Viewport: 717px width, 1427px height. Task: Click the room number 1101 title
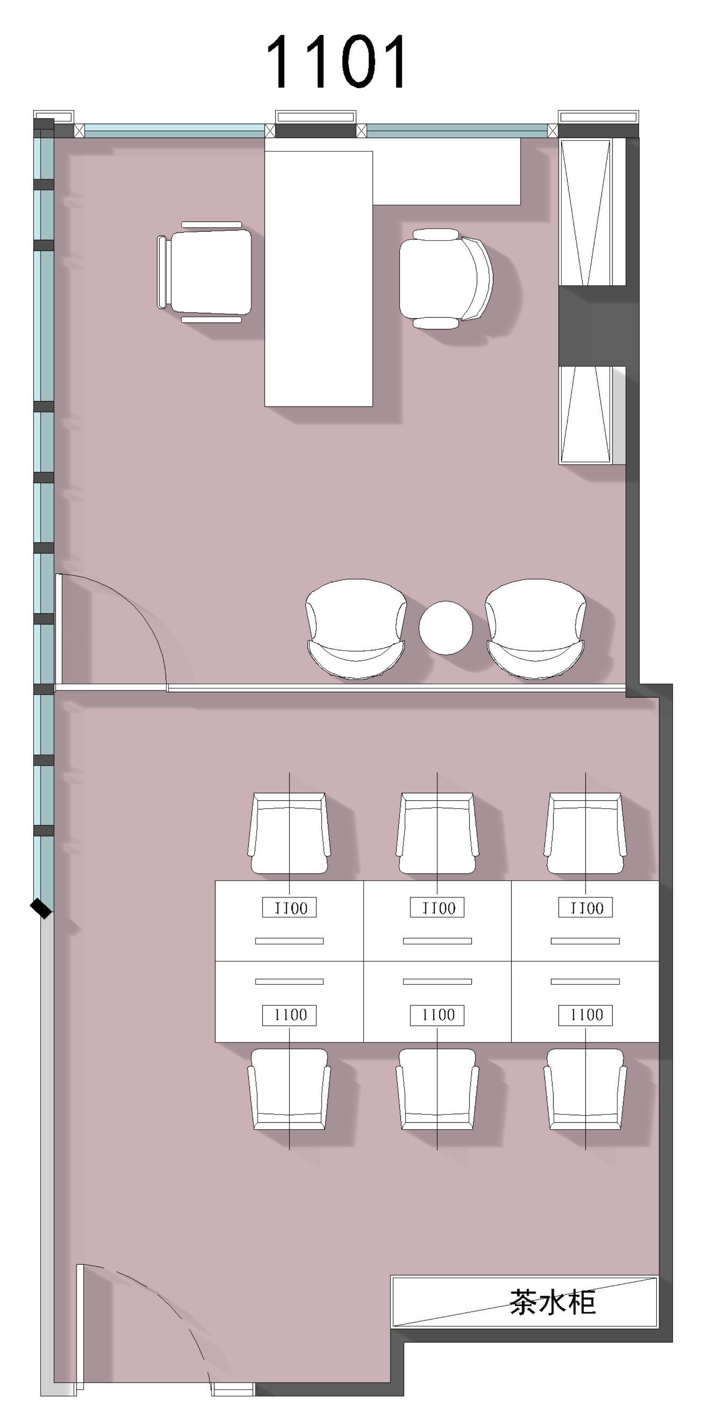click(x=336, y=62)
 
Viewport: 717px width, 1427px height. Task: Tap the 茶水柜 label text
click(x=552, y=1302)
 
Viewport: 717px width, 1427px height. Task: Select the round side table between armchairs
click(x=446, y=628)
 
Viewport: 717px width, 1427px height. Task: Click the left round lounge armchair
click(x=356, y=629)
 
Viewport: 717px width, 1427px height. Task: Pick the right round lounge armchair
click(x=535, y=629)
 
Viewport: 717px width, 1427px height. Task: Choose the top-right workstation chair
click(x=585, y=833)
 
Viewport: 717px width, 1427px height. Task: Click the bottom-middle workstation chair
click(x=437, y=1089)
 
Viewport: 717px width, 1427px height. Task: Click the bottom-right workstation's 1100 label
click(x=585, y=1015)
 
